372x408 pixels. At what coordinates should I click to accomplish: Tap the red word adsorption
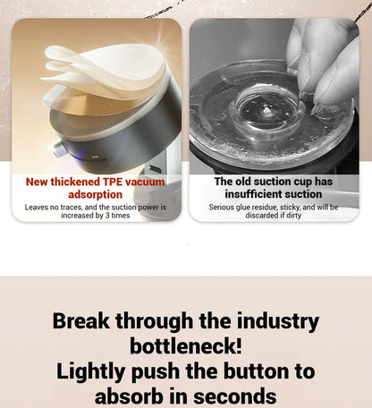click(x=96, y=194)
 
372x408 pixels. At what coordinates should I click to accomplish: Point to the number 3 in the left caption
click(x=107, y=216)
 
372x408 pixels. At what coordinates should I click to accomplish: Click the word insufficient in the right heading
click(x=251, y=194)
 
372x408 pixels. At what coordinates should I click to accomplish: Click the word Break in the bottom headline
click(x=81, y=321)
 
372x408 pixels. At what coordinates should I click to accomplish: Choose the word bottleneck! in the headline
click(x=186, y=346)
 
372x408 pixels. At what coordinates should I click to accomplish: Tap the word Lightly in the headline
click(x=90, y=372)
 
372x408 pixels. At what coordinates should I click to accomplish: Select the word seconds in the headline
click(x=235, y=396)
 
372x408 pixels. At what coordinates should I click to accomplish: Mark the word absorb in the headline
click(x=129, y=396)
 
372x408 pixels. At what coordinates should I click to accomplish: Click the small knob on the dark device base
click(x=58, y=149)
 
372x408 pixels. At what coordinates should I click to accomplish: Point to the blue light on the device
click(x=78, y=156)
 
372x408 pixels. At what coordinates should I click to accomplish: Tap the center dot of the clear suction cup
click(x=266, y=111)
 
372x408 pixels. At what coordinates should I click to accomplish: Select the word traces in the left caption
click(x=71, y=208)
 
